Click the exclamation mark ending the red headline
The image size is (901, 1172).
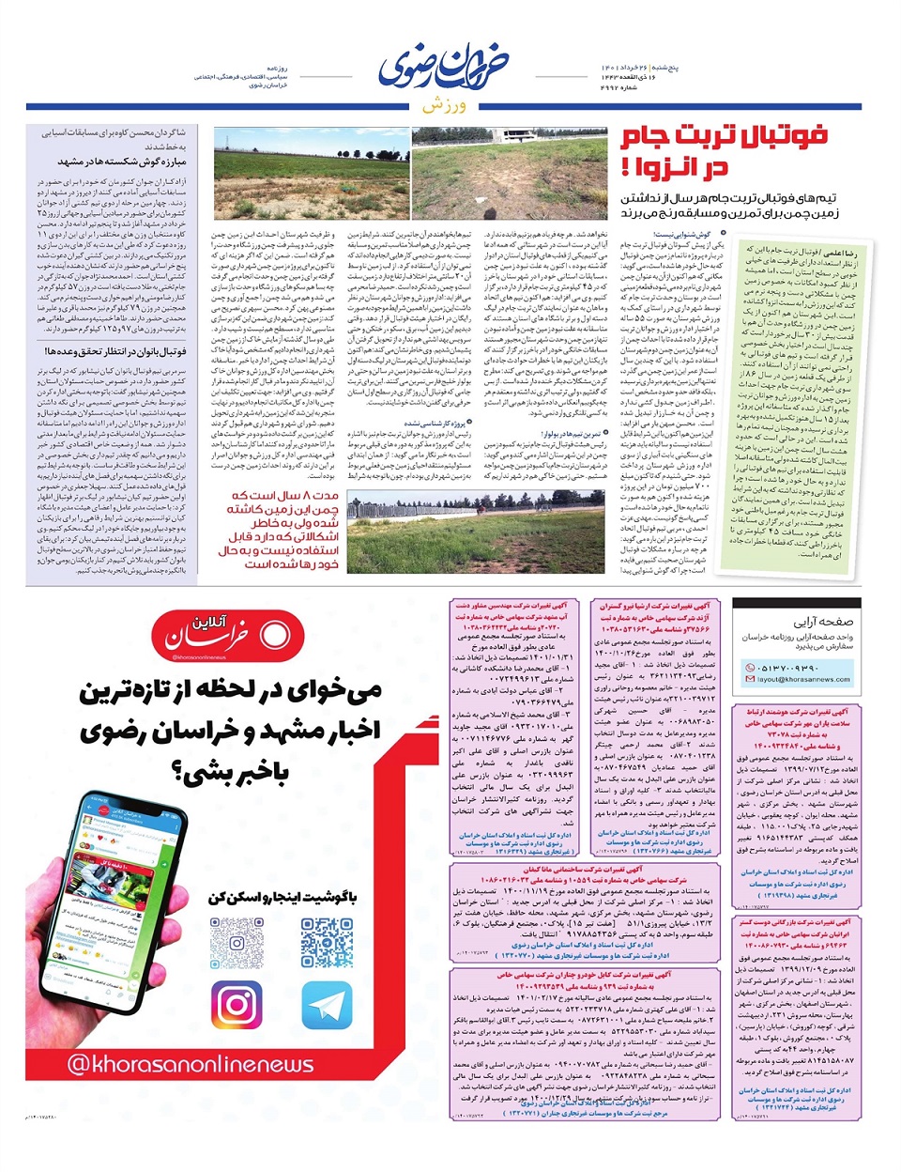(626, 169)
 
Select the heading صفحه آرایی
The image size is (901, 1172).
(823, 622)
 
